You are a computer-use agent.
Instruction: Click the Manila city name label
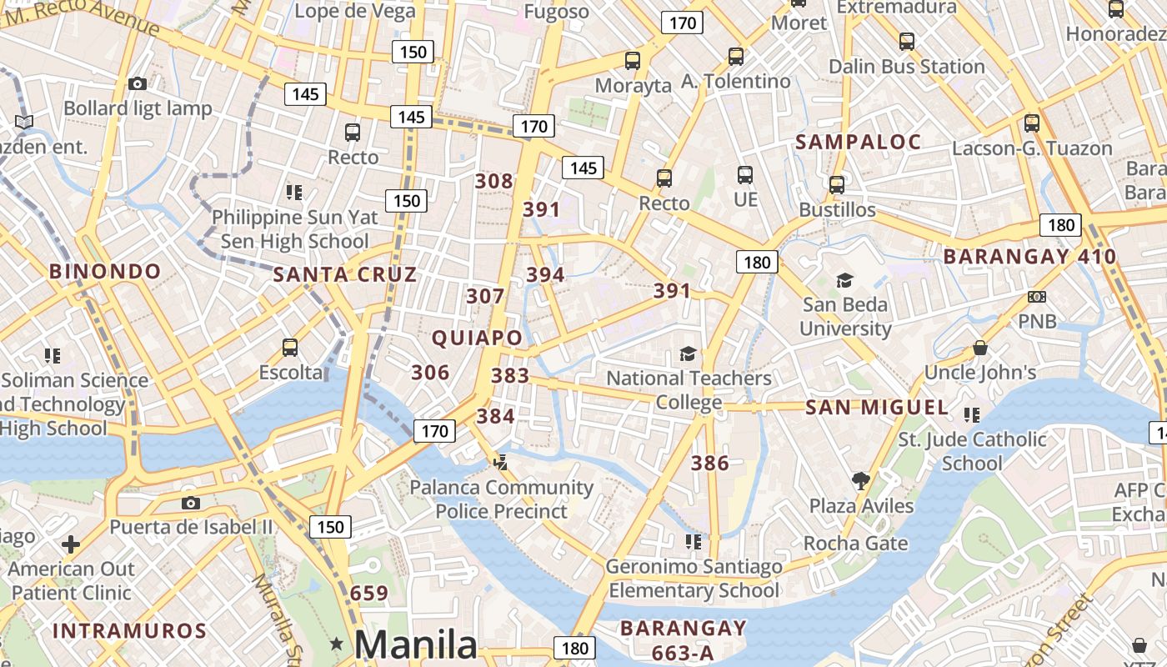[416, 644]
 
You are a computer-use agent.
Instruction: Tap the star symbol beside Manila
[337, 644]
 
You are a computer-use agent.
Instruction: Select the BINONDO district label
[105, 271]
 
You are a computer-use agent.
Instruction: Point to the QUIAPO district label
[478, 338]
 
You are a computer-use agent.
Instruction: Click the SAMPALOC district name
[858, 142]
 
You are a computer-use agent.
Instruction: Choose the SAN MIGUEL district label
[877, 408]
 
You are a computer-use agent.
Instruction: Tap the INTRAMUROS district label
[129, 630]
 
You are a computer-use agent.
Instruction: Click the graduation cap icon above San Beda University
[845, 280]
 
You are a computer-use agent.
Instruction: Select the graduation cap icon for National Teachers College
[688, 354]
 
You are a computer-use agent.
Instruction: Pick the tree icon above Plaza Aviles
[861, 481]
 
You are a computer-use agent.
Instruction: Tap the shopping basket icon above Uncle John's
[980, 348]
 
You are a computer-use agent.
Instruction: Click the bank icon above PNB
[1037, 297]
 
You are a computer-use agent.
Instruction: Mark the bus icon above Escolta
[290, 348]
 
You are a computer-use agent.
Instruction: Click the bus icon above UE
[745, 175]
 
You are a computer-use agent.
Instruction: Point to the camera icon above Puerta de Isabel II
[191, 503]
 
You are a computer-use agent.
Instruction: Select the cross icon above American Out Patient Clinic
[71, 544]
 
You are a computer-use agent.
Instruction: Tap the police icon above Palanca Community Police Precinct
[500, 462]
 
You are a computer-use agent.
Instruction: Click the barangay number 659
[369, 593]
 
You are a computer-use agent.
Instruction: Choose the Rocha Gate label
[855, 544]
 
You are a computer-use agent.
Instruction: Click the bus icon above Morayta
[633, 61]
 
